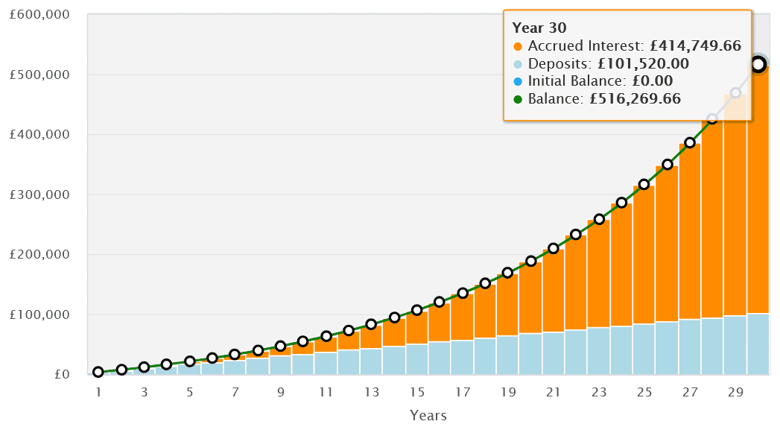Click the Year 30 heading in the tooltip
tap(536, 28)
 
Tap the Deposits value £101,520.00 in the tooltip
tap(644, 64)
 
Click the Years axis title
tap(428, 414)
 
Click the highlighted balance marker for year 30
tap(758, 65)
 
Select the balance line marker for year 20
tap(531, 261)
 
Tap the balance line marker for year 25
tap(644, 184)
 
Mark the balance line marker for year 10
tap(303, 341)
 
